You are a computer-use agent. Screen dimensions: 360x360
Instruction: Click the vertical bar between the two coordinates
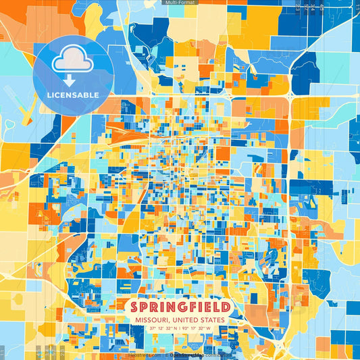(181, 328)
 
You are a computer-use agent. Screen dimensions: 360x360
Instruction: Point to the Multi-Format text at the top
(180, 3)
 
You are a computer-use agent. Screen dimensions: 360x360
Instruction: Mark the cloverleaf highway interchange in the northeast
(290, 97)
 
